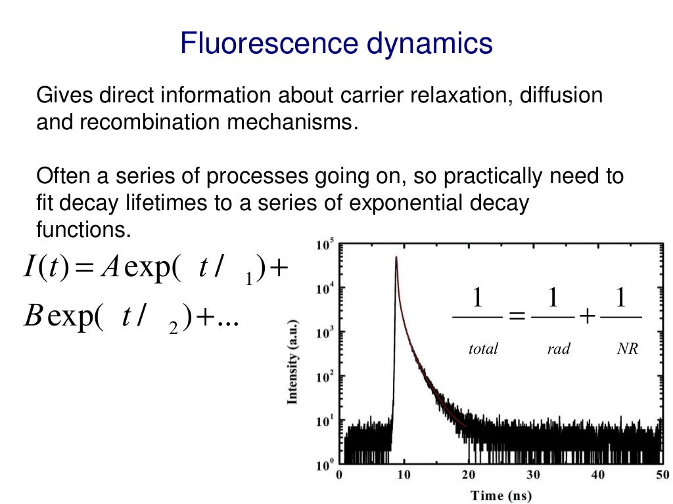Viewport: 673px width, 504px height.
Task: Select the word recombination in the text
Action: (x=152, y=123)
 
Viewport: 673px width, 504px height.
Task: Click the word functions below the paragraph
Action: (x=80, y=230)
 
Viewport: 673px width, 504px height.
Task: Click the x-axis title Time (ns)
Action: (x=501, y=495)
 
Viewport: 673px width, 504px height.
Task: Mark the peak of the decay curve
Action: (x=396, y=257)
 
